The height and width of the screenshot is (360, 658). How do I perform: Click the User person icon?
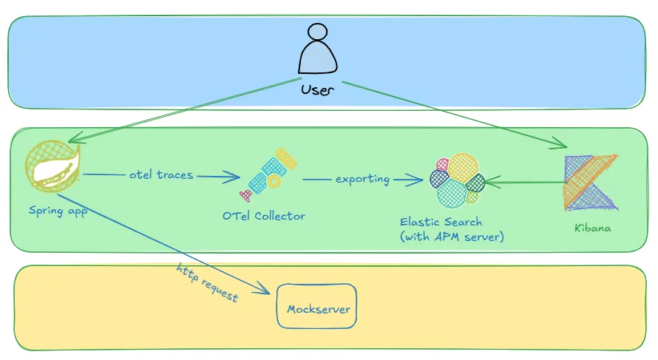pos(317,52)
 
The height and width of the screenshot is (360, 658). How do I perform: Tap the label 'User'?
pos(317,90)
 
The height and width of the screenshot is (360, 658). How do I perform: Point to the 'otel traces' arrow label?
pos(161,175)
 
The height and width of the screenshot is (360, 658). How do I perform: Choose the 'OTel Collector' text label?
pos(263,216)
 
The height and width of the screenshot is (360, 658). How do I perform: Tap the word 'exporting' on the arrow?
pos(362,179)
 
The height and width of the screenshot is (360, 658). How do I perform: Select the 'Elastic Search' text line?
pos(441,222)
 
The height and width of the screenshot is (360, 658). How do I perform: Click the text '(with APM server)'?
pos(452,237)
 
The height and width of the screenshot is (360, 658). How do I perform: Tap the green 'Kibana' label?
pos(593,228)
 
